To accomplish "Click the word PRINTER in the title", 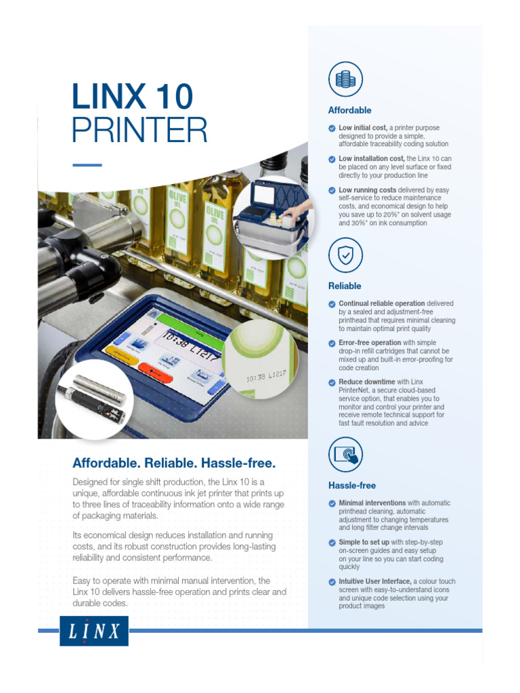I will tap(139, 130).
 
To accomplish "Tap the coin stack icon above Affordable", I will tap(345, 79).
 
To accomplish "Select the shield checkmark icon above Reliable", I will tap(345, 254).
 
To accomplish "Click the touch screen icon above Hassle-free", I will tap(345, 454).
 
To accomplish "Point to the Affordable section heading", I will tap(349, 110).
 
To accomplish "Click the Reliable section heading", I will tap(345, 286).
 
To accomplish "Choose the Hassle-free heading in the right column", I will tap(351, 486).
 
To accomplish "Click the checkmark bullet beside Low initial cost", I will tap(332, 128).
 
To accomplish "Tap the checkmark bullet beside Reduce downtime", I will tap(332, 382).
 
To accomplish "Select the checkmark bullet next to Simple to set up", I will tap(332, 543).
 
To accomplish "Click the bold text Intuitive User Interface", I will tap(375, 581).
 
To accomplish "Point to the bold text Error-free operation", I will tap(370, 343).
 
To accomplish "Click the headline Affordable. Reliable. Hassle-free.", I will tap(174, 464).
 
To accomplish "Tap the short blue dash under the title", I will tap(87, 164).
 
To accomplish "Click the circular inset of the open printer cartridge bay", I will tap(274, 217).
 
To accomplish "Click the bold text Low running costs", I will tap(367, 190).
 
